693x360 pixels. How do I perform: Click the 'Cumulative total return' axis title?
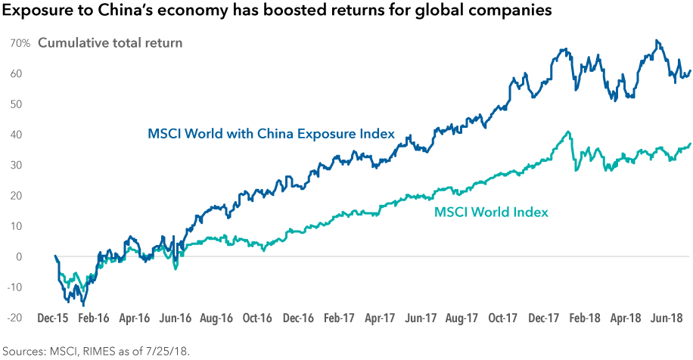[110, 43]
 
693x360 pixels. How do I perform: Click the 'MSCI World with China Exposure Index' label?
[270, 135]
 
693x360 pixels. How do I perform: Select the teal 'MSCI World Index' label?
[491, 212]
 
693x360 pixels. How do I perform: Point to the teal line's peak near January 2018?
[568, 132]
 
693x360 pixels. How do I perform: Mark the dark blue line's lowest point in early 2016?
[83, 305]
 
